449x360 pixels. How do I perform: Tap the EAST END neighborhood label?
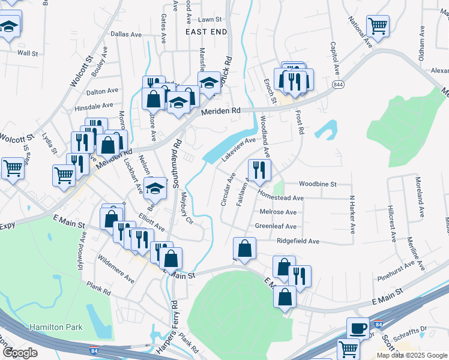[x=206, y=31]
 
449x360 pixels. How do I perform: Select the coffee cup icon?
[x=358, y=329]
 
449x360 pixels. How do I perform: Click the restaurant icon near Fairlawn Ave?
[x=259, y=170]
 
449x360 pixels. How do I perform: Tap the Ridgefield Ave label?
[x=298, y=241]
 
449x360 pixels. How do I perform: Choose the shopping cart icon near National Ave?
[x=378, y=26]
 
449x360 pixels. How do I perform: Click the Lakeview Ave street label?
[x=239, y=148]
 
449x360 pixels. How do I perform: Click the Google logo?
[x=20, y=353]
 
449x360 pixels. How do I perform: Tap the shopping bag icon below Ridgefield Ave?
[x=244, y=248]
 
